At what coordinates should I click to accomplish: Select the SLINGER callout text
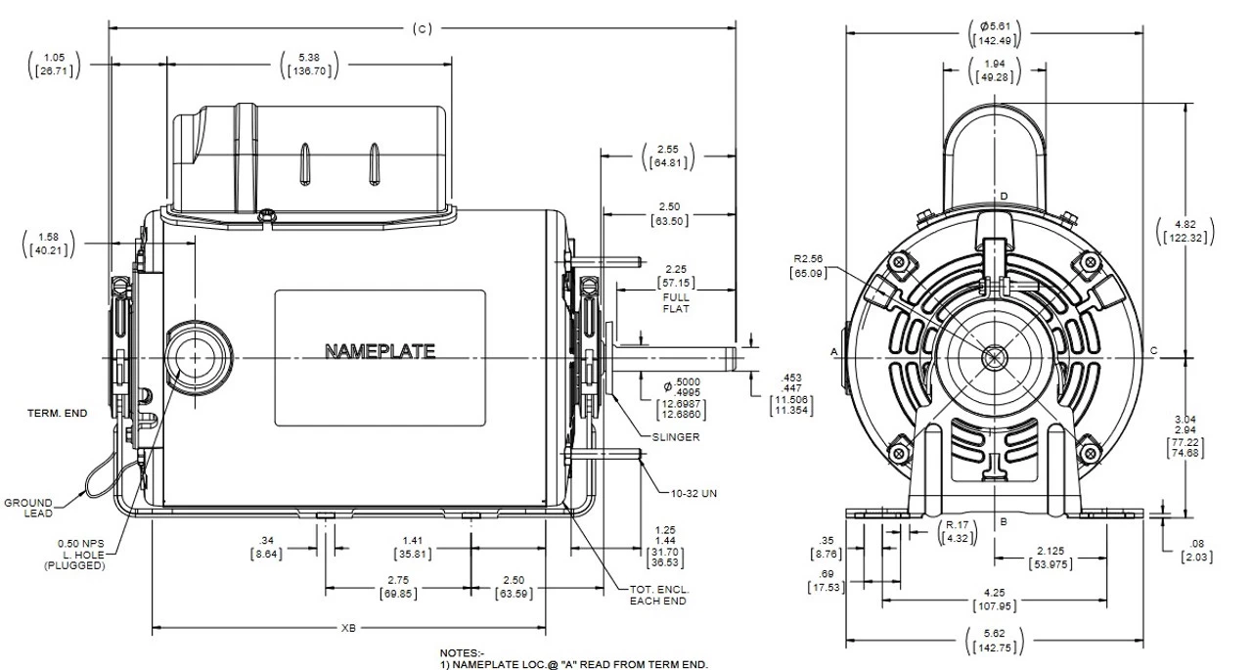click(x=674, y=437)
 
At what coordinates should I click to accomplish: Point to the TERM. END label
click(x=57, y=414)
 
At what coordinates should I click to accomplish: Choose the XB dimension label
click(x=347, y=627)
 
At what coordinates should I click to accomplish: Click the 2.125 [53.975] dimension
click(x=1052, y=558)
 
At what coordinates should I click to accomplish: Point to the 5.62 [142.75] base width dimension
click(x=996, y=641)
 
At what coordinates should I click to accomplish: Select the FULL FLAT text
click(x=676, y=302)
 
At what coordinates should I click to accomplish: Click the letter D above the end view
click(x=1004, y=197)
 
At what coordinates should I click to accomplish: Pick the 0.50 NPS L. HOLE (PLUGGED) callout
click(x=71, y=553)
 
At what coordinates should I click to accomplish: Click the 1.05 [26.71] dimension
click(x=54, y=65)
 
